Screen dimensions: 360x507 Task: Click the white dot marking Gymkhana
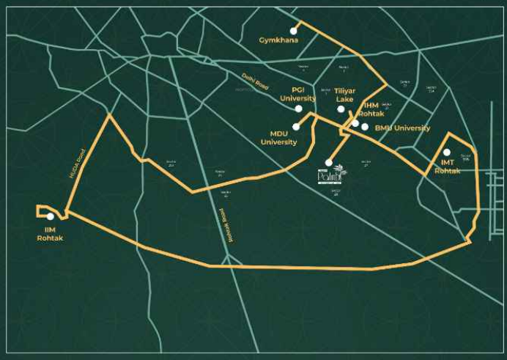(x=294, y=31)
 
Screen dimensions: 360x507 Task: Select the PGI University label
(x=299, y=94)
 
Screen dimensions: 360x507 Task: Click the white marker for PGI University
(x=298, y=109)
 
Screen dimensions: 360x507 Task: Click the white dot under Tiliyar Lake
(x=341, y=109)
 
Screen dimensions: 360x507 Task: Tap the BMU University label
(x=402, y=128)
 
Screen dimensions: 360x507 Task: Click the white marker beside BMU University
(x=365, y=127)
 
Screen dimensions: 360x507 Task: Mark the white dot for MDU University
(x=296, y=126)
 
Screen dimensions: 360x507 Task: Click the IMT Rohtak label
(x=448, y=166)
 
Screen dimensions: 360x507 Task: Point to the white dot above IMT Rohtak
(x=446, y=152)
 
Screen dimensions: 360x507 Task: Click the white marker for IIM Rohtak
(x=50, y=216)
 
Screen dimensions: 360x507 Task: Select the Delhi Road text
(x=256, y=81)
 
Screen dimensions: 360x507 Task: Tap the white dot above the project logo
(x=329, y=162)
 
